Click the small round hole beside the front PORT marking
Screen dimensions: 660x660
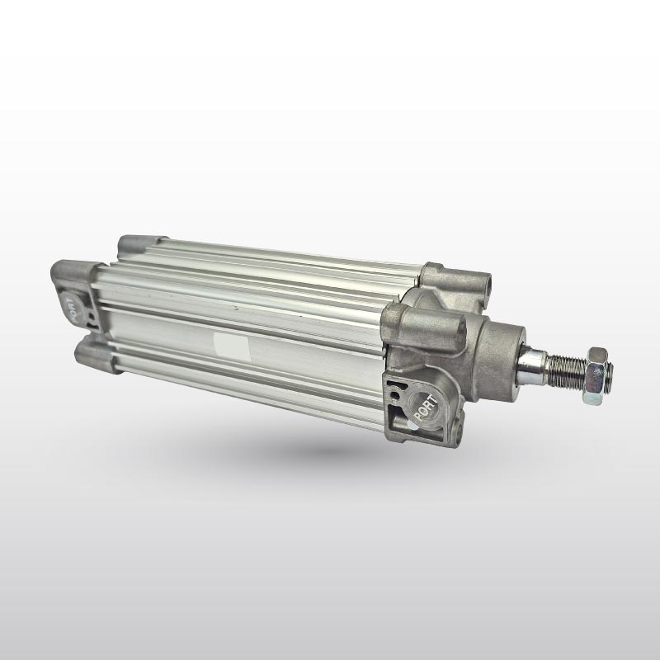click(x=395, y=396)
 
